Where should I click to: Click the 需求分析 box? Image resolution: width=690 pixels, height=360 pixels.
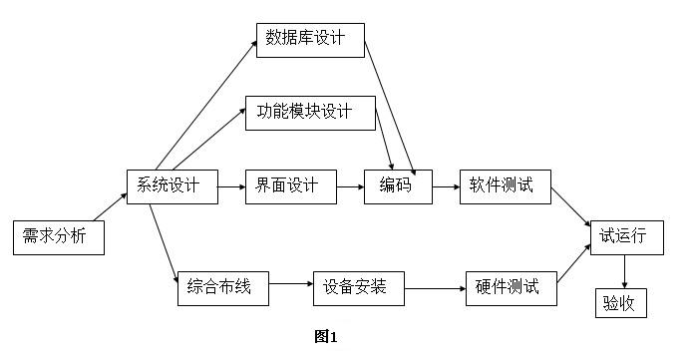59,237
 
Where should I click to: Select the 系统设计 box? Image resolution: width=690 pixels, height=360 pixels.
172,186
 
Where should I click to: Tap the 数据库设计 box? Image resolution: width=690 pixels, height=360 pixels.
310,39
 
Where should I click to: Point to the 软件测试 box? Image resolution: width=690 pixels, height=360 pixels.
505,186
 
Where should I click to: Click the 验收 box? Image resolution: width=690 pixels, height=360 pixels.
623,301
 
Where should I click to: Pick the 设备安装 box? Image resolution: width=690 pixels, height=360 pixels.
358,289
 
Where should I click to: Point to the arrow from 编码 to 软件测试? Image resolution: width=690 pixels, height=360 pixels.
446,186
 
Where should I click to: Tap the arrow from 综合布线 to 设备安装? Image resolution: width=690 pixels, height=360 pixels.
290,284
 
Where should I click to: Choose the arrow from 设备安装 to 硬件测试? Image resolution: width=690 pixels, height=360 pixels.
434,289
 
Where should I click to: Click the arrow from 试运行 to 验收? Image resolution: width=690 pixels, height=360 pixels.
624,270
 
